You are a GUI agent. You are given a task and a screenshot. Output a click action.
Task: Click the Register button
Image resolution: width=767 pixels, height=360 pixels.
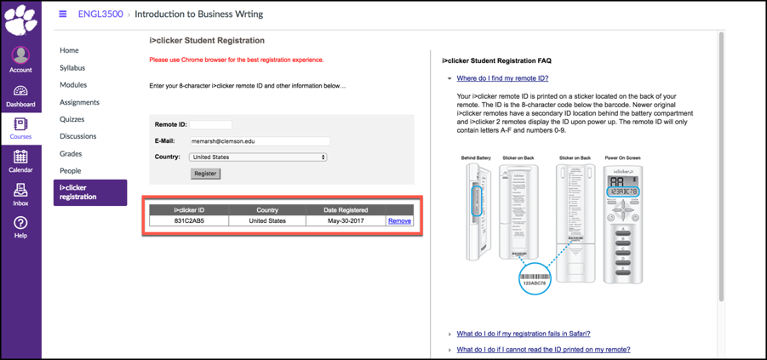tap(205, 174)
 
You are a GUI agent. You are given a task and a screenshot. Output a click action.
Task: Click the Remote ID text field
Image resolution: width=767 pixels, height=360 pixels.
tap(210, 125)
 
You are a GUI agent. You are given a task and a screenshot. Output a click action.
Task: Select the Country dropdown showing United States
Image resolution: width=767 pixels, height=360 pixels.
tap(258, 157)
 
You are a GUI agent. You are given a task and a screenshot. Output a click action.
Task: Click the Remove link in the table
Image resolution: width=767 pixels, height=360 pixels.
tap(399, 221)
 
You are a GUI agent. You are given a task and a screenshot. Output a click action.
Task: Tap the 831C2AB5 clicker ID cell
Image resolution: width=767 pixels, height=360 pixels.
tap(189, 221)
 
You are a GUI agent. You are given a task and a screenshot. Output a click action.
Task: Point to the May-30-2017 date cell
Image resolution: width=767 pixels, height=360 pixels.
tap(346, 221)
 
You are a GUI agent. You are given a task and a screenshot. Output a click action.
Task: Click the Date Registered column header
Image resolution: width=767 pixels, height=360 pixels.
tap(346, 210)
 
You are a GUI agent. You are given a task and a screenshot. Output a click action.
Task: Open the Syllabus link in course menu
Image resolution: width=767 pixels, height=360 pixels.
tap(72, 68)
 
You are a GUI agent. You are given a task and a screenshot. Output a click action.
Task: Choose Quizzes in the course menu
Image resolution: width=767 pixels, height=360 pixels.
tap(72, 119)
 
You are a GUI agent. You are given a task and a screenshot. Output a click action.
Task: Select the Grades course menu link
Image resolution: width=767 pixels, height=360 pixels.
tap(71, 154)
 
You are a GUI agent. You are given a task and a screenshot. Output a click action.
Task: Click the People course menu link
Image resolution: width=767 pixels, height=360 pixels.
tap(71, 171)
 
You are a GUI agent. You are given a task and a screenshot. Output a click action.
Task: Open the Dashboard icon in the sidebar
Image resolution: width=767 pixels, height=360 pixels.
tap(20, 95)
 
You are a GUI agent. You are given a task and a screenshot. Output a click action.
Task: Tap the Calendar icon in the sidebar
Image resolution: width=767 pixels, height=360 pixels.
tap(20, 160)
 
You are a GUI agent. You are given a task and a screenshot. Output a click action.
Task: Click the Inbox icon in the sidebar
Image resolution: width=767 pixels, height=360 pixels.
tap(20, 194)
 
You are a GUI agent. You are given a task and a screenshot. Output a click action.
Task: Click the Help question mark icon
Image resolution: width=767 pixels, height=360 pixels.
tap(20, 226)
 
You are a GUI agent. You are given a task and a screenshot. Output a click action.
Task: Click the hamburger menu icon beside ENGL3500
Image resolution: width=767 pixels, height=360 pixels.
tap(62, 14)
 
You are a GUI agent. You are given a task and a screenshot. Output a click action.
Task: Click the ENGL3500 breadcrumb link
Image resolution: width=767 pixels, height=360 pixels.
tap(100, 14)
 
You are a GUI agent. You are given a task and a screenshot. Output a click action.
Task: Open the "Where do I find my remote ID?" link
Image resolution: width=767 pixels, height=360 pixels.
tap(502, 78)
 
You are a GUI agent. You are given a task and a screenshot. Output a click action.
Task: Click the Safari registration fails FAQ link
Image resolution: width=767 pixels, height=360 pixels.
tap(523, 334)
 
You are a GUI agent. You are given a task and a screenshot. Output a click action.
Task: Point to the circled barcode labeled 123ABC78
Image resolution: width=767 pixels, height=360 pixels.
tap(535, 279)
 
